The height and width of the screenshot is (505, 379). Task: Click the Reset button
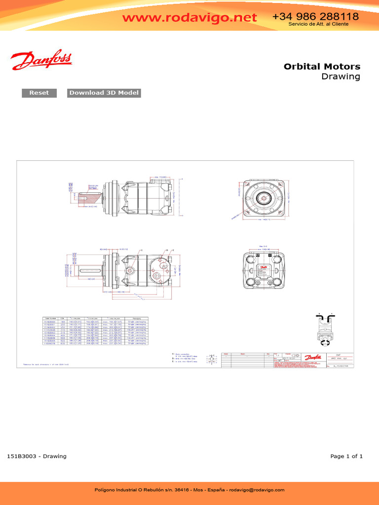tap(39, 93)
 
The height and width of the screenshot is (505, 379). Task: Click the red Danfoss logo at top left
tap(41, 61)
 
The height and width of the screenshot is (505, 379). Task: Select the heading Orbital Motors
tap(322, 67)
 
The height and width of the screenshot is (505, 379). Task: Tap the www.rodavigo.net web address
tap(189, 18)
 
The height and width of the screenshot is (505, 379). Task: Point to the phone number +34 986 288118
tap(315, 17)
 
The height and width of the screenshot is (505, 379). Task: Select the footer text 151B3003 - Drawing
tap(37, 456)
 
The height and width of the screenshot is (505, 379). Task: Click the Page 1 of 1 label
tap(346, 456)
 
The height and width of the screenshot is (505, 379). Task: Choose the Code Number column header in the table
tap(51, 319)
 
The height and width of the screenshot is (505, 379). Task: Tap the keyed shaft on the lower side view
tap(89, 270)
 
